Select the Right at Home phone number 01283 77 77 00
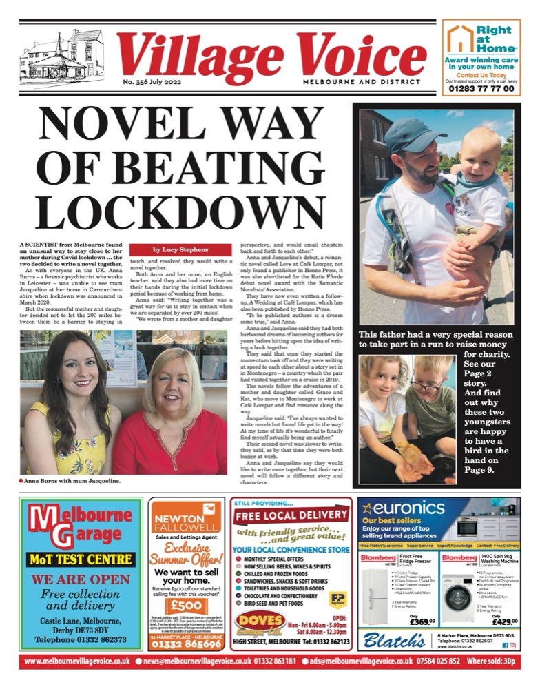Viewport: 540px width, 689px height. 480,89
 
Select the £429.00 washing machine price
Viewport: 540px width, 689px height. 501,621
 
